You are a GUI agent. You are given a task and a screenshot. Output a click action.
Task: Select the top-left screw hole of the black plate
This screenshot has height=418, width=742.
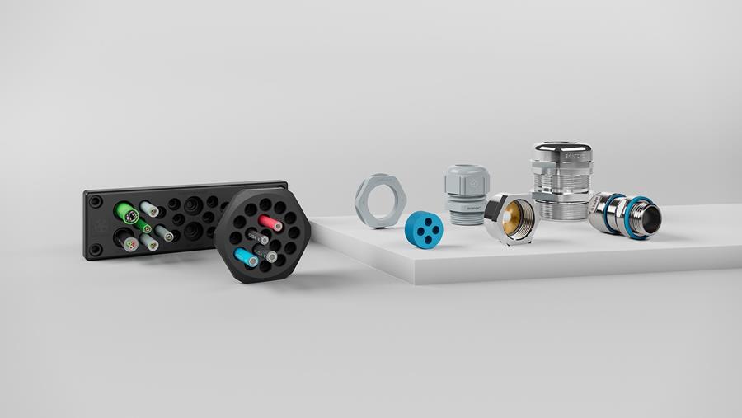click(x=96, y=200)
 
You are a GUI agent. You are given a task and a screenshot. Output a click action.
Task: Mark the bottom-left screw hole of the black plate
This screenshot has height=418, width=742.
click(x=96, y=248)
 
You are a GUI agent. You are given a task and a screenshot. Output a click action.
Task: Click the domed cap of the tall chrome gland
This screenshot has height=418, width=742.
click(x=561, y=153)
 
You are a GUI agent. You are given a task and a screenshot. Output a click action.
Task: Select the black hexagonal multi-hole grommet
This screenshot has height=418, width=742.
click(x=262, y=234)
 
